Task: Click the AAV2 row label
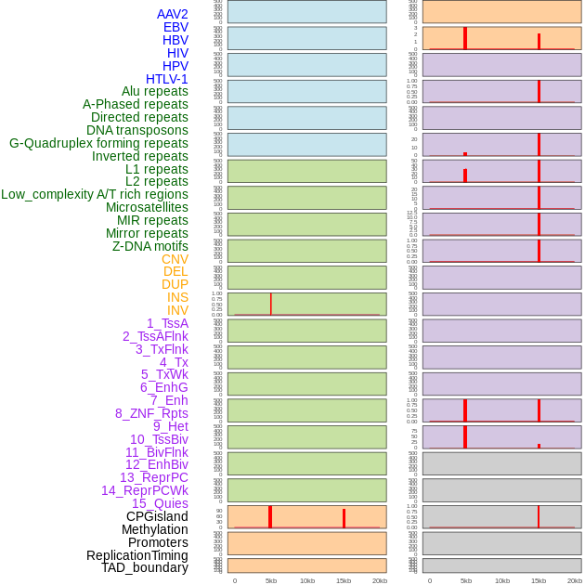172,14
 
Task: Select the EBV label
175,27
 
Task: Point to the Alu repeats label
155,91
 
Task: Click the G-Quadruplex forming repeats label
98,143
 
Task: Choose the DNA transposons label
137,130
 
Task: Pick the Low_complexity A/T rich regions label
95,194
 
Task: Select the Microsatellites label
147,207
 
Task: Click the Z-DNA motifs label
150,246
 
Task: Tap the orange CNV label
175,259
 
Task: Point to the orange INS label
177,297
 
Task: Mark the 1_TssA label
167,323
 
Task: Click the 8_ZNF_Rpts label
151,413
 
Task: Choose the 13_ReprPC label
153,477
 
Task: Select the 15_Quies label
160,503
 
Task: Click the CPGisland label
157,516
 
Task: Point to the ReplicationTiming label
137,555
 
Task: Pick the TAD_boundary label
145,567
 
